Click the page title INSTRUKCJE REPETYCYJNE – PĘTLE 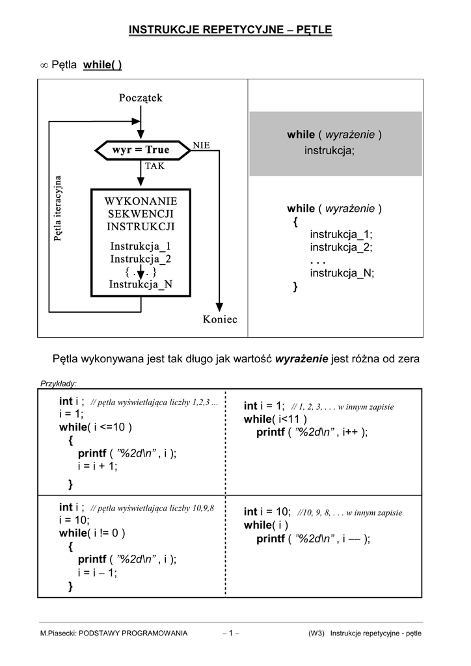click(230, 30)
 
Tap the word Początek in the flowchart click(141, 98)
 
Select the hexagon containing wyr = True click(141, 150)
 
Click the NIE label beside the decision click(201, 145)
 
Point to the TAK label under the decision click(155, 166)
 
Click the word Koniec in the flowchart click(220, 319)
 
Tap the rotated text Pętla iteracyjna click(58, 209)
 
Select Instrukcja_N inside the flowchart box click(141, 284)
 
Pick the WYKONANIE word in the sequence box click(141, 201)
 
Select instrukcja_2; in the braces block click(341, 248)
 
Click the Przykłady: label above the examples click(59, 383)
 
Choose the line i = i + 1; click(98, 466)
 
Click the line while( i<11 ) click(275, 420)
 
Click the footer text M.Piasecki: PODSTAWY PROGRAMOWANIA click(114, 633)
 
